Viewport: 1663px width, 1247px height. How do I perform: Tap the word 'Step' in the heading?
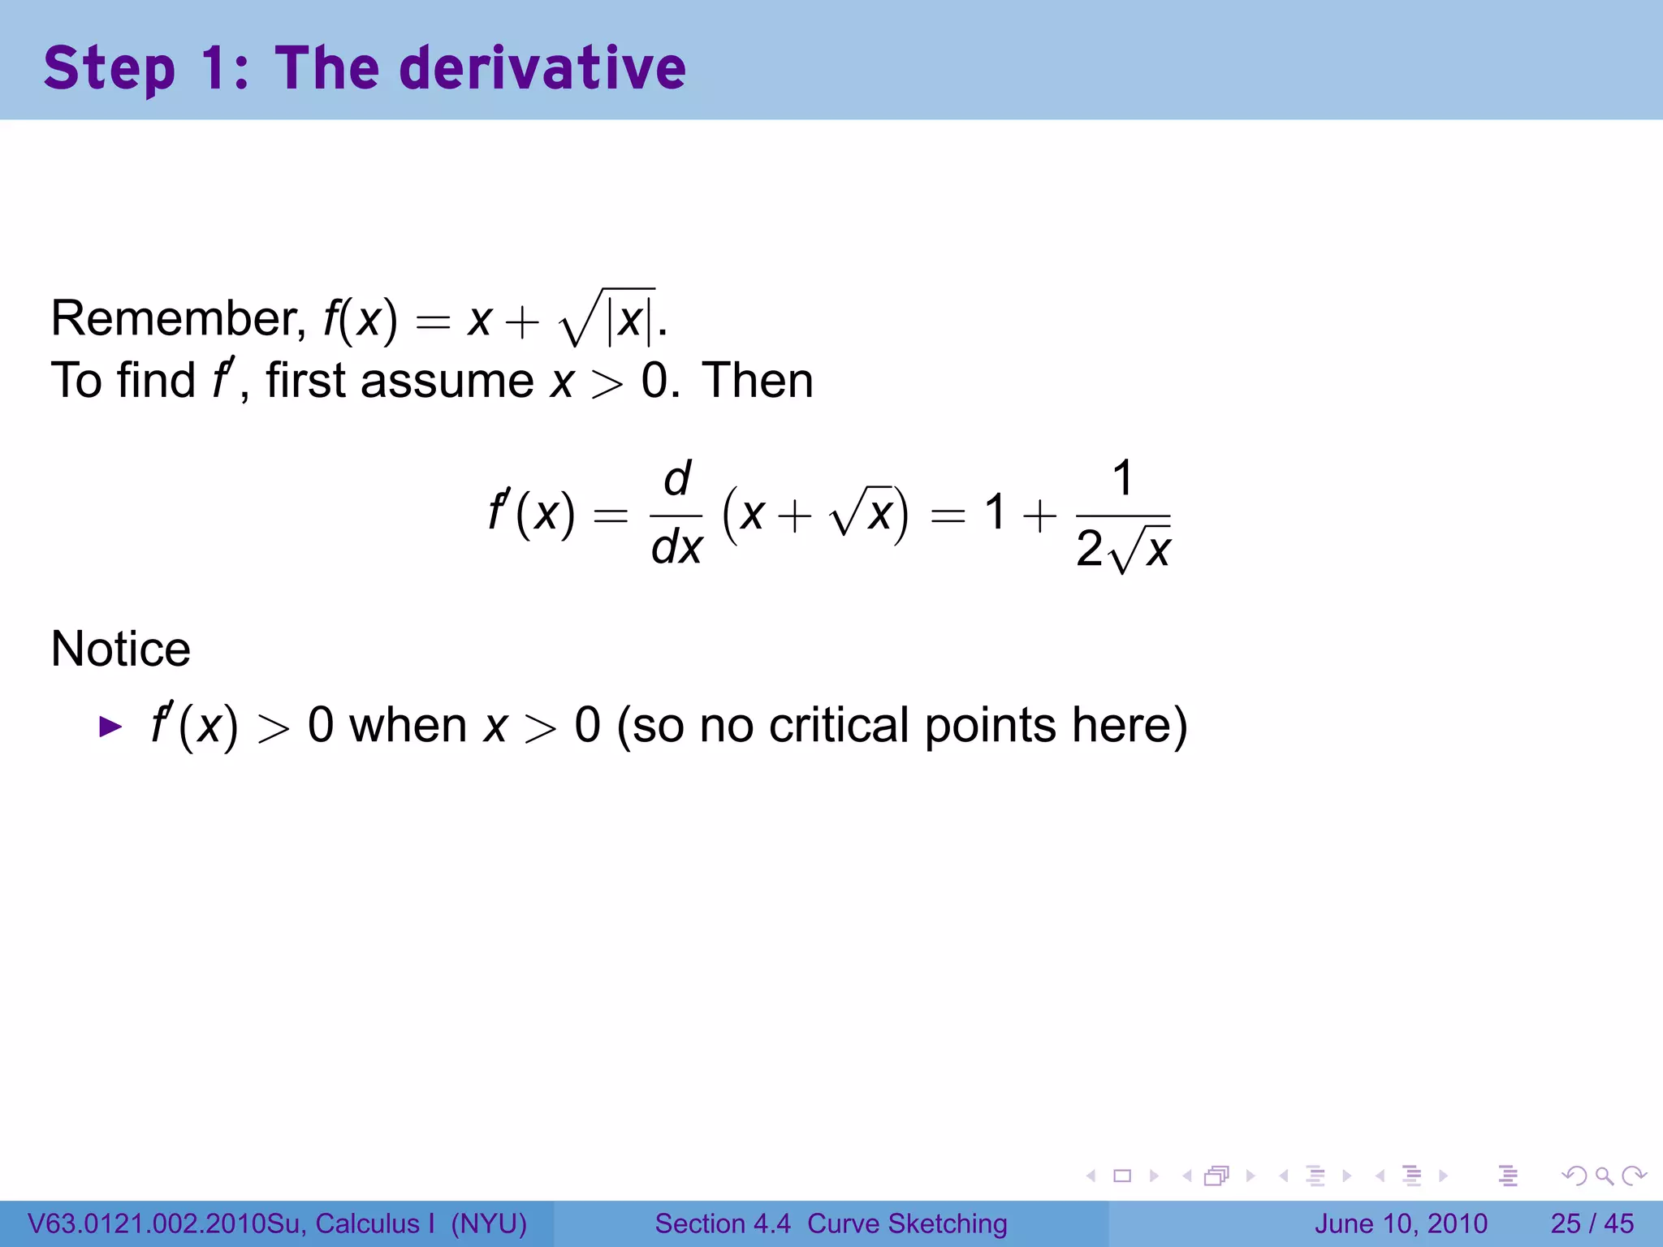tap(109, 69)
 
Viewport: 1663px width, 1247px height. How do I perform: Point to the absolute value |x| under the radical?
tap(631, 320)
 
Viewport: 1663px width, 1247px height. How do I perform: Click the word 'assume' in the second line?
tap(447, 381)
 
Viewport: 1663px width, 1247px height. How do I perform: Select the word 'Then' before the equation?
tap(757, 381)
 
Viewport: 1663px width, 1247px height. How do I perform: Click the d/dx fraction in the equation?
tap(676, 514)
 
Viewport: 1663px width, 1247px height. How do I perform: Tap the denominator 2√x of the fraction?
tap(1123, 550)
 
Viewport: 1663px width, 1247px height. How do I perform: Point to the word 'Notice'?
tap(120, 649)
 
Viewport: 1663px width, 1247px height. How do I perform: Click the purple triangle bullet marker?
tap(110, 726)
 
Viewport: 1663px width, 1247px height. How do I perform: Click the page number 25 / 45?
tap(1592, 1223)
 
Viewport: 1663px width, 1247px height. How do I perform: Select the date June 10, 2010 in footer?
tap(1401, 1223)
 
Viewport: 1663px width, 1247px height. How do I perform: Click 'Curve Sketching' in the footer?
tap(906, 1223)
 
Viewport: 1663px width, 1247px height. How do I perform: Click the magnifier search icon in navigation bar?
tap(1604, 1176)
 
